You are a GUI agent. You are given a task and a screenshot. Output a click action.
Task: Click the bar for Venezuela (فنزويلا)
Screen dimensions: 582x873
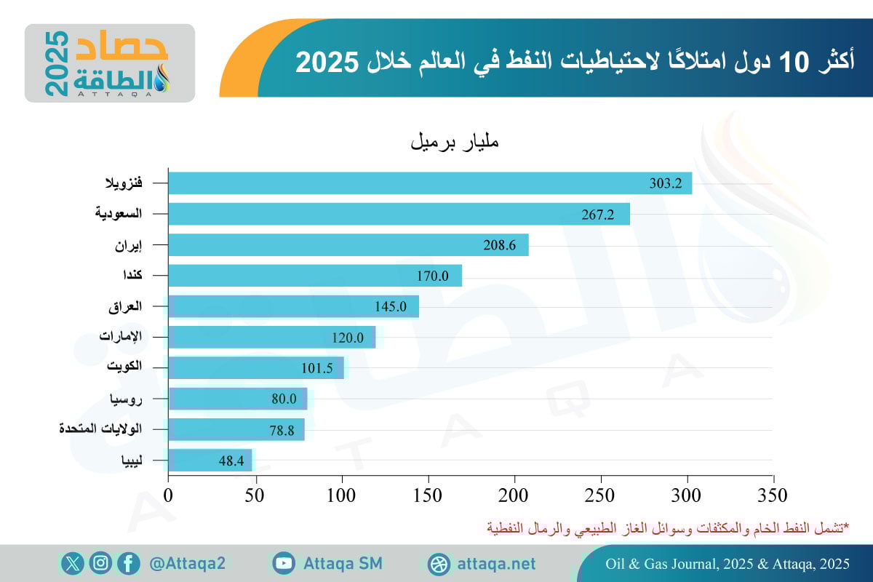click(429, 183)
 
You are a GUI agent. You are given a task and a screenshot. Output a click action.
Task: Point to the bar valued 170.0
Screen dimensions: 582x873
click(314, 276)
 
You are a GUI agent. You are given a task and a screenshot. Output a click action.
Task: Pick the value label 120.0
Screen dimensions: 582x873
click(348, 338)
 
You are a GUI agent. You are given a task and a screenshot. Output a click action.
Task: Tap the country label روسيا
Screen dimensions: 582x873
click(126, 399)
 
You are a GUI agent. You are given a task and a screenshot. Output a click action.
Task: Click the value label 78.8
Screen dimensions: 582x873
click(282, 430)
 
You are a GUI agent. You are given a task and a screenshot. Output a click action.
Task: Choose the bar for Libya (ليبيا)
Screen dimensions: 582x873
click(210, 461)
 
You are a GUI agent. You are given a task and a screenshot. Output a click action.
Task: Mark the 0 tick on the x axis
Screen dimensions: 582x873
click(169, 495)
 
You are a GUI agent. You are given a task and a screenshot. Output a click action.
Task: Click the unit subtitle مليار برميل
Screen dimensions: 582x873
click(455, 142)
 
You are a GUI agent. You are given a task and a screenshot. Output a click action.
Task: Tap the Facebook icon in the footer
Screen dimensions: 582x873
click(128, 563)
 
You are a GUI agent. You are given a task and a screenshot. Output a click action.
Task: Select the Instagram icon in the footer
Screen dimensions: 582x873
click(100, 563)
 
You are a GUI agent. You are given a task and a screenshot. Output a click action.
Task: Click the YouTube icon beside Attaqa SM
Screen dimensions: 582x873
click(284, 563)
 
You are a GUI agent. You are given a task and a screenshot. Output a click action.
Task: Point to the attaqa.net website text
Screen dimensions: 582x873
click(497, 564)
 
